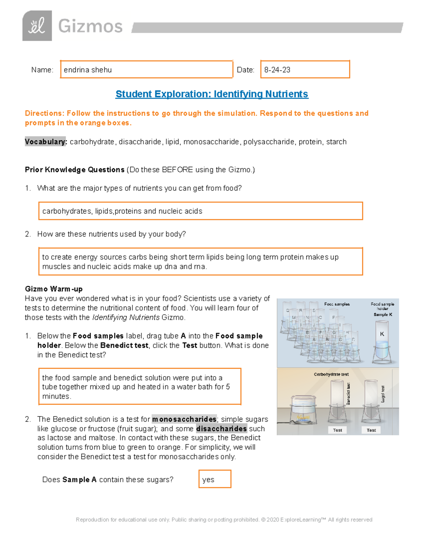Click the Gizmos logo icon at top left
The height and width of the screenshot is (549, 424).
click(37, 26)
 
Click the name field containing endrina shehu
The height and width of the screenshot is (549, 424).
click(146, 70)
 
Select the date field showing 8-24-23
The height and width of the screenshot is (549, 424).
click(305, 70)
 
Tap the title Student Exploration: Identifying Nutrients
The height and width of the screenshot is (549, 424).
click(212, 94)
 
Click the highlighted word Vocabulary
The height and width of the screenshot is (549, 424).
click(45, 142)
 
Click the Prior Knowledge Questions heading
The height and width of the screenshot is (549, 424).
click(75, 170)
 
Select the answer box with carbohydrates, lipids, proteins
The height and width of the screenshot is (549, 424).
click(200, 211)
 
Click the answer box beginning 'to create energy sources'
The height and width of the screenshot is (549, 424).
click(200, 262)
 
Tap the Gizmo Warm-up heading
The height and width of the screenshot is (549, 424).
click(54, 289)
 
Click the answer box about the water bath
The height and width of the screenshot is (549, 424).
click(140, 387)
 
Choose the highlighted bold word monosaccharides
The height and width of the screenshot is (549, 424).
click(184, 419)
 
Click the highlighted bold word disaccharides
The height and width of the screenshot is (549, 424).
click(221, 429)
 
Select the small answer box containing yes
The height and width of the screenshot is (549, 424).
click(215, 479)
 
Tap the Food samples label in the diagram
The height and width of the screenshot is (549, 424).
click(337, 304)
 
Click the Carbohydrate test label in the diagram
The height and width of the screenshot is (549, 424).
click(331, 374)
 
